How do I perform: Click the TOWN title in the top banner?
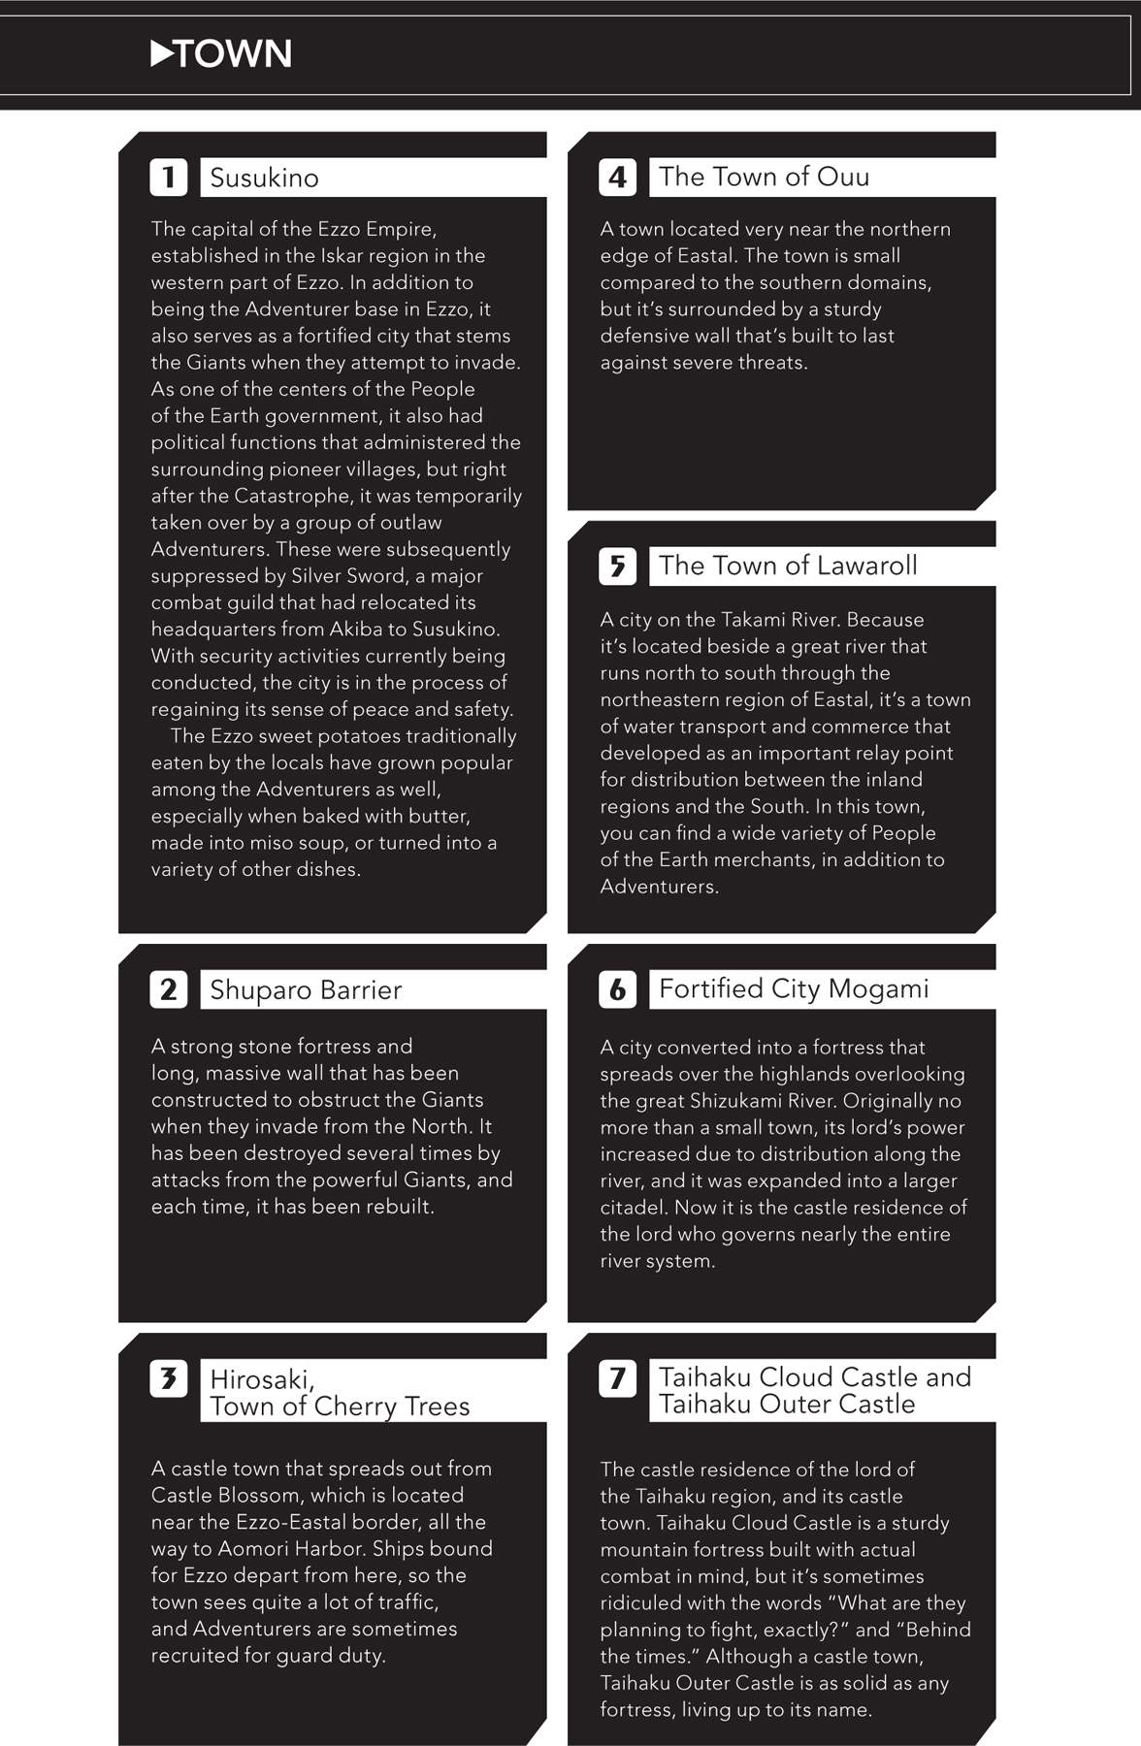pyautogui.click(x=234, y=54)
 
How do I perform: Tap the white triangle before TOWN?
pyautogui.click(x=162, y=53)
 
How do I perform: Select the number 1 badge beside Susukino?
pyautogui.click(x=169, y=178)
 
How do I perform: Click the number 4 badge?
pyautogui.click(x=617, y=177)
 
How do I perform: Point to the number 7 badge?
pyautogui.click(x=617, y=1378)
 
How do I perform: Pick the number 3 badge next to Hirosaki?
pyautogui.click(x=169, y=1378)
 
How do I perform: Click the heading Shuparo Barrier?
pyautogui.click(x=306, y=989)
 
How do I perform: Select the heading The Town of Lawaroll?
pyautogui.click(x=788, y=566)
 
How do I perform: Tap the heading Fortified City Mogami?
pyautogui.click(x=794, y=988)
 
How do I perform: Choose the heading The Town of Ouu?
pyautogui.click(x=764, y=177)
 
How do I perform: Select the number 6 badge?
pyautogui.click(x=617, y=990)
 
